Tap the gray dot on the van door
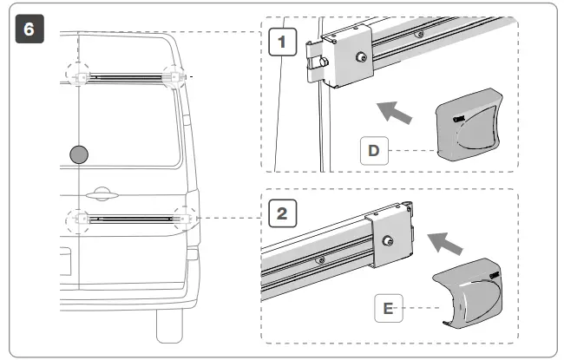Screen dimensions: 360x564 click(79, 154)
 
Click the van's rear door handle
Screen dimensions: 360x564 click(96, 193)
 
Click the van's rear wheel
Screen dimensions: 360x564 click(168, 325)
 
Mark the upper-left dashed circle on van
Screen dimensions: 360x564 click(81, 76)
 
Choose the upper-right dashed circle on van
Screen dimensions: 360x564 click(175, 76)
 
